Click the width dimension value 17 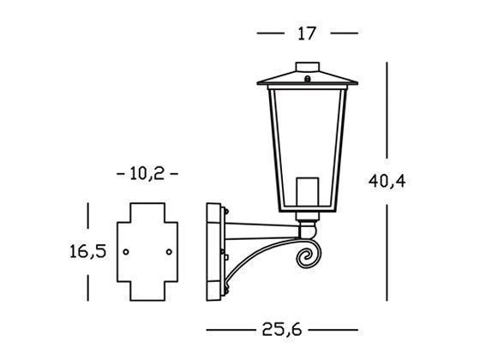point(308,33)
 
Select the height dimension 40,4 point(387,183)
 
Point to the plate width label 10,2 point(147,173)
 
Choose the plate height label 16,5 point(87,252)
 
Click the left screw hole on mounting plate point(126,252)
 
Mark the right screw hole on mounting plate point(168,252)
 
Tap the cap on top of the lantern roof point(307,66)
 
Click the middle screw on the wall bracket point(225,253)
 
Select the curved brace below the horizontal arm point(257,261)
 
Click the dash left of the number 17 point(271,33)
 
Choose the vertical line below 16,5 point(87,284)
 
